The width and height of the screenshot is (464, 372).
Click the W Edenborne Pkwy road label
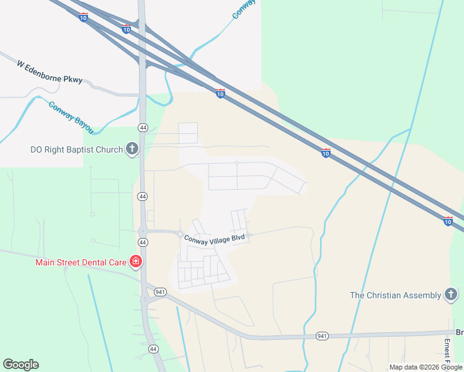[x=49, y=73]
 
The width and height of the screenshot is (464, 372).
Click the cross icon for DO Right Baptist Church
[x=132, y=149]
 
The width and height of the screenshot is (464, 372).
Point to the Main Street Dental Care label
[x=81, y=262]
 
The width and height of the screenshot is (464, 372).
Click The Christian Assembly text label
[x=395, y=295]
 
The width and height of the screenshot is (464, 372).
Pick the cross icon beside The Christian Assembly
[x=451, y=294]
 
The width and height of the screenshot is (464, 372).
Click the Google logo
[x=20, y=365]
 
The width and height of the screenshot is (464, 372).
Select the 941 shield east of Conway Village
[x=321, y=335]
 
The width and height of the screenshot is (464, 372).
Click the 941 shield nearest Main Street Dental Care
[x=161, y=291]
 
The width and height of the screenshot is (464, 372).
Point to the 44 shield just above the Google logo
[x=153, y=350]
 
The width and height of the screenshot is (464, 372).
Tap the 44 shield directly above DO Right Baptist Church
[x=143, y=127]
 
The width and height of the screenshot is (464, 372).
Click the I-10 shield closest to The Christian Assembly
[x=448, y=221]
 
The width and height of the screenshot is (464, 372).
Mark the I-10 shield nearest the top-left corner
[x=84, y=17]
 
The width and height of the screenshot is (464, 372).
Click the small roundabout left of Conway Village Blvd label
[x=180, y=234]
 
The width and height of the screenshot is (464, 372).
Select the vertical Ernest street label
[x=446, y=351]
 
